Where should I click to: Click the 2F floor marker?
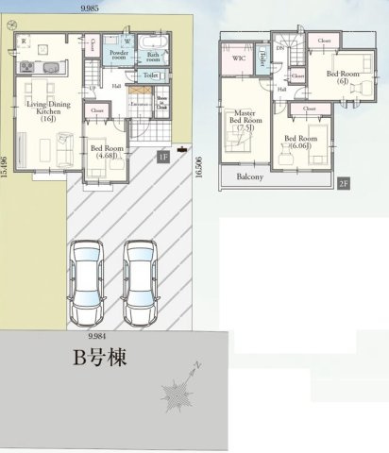point(344,183)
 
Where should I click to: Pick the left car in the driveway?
point(87,280)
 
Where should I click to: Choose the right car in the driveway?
point(141,280)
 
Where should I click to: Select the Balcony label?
point(249,176)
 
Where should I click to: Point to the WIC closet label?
point(238,59)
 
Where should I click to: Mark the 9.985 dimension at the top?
point(92,7)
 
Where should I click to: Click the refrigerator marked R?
point(23,41)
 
